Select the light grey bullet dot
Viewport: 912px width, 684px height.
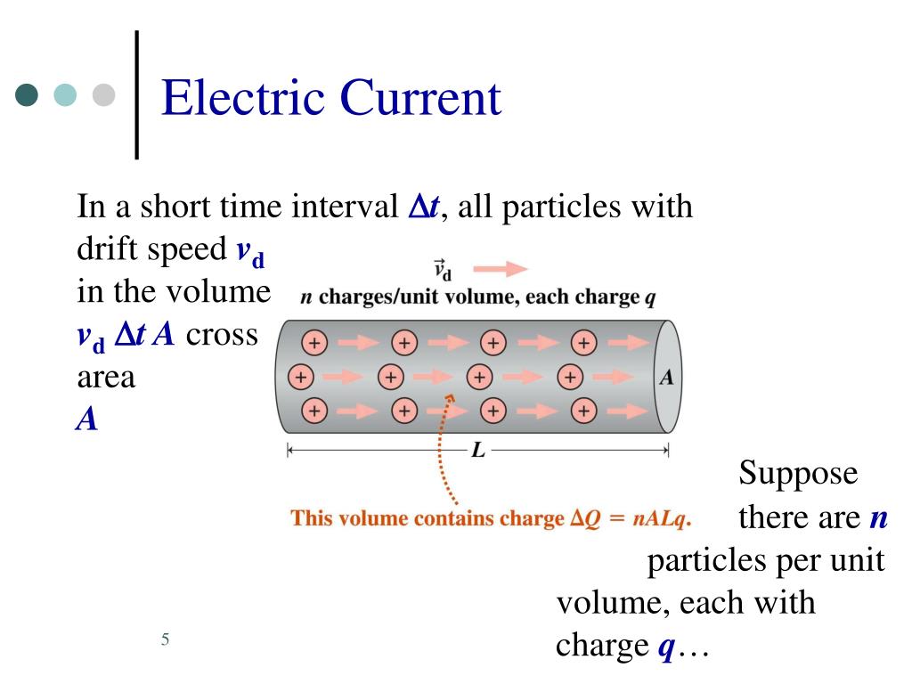tap(105, 95)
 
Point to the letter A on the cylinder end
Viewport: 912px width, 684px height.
tap(665, 377)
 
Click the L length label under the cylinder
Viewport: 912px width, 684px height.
tap(478, 451)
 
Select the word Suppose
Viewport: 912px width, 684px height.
tap(798, 474)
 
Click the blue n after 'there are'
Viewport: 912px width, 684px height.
tap(878, 517)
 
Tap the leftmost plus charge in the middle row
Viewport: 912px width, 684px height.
tap(301, 377)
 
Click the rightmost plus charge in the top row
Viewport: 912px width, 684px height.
tap(583, 343)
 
